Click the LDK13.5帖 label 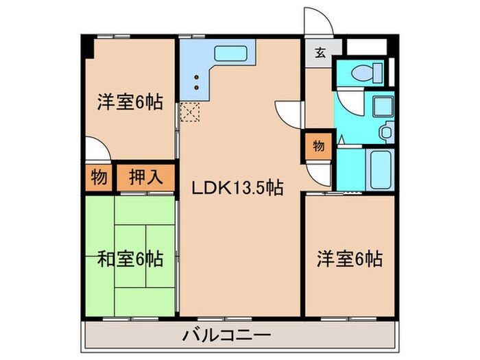(x=238, y=187)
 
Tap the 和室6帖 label (x=130, y=260)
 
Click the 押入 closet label (x=146, y=178)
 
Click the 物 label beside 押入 (x=99, y=178)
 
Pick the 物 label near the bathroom (x=319, y=145)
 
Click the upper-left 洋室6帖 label (x=130, y=103)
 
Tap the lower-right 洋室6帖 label (x=349, y=259)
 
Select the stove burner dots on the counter (x=197, y=82)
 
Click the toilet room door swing (x=348, y=103)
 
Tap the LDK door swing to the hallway (x=289, y=113)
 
